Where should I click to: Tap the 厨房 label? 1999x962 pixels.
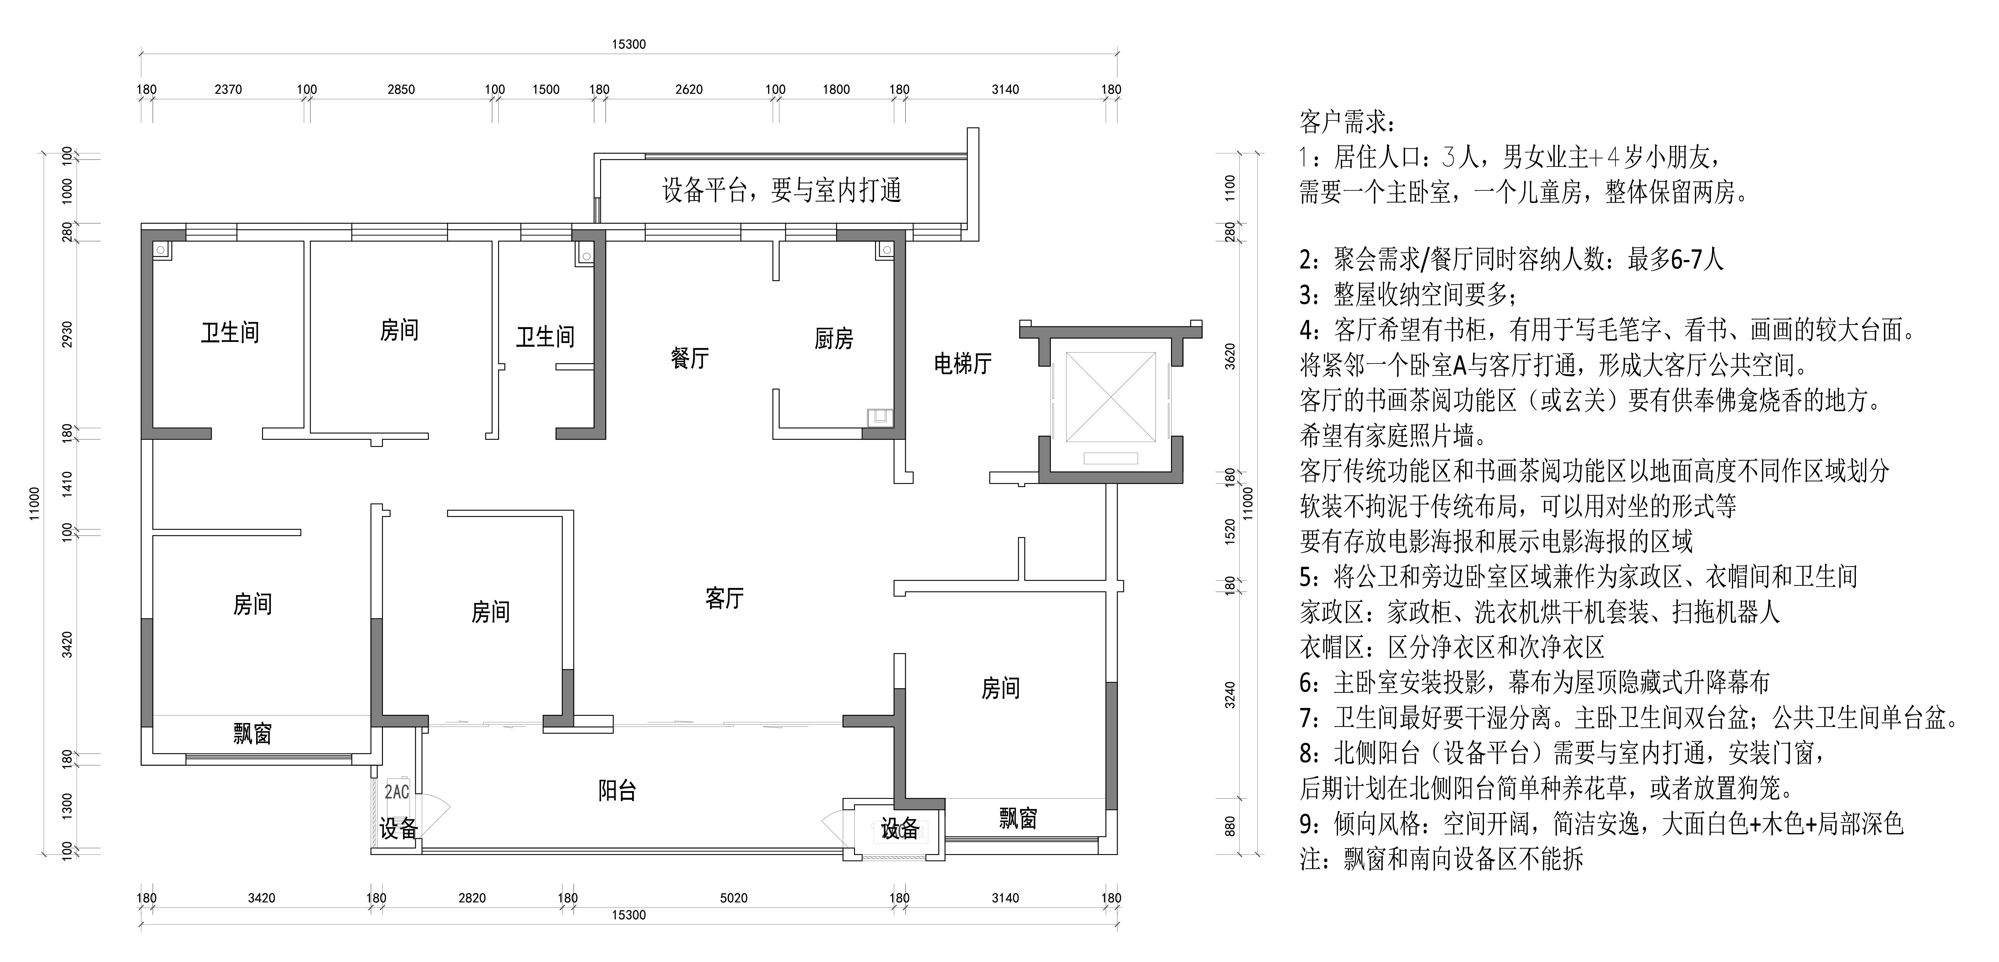(833, 339)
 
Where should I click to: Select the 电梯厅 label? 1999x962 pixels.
(962, 363)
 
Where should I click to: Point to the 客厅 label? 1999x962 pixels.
(724, 598)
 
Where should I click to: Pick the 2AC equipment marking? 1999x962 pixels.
(396, 792)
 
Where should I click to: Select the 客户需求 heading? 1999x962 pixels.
(1346, 123)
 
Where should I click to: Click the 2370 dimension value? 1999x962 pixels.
(228, 89)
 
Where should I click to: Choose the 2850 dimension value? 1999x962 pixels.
(401, 89)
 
